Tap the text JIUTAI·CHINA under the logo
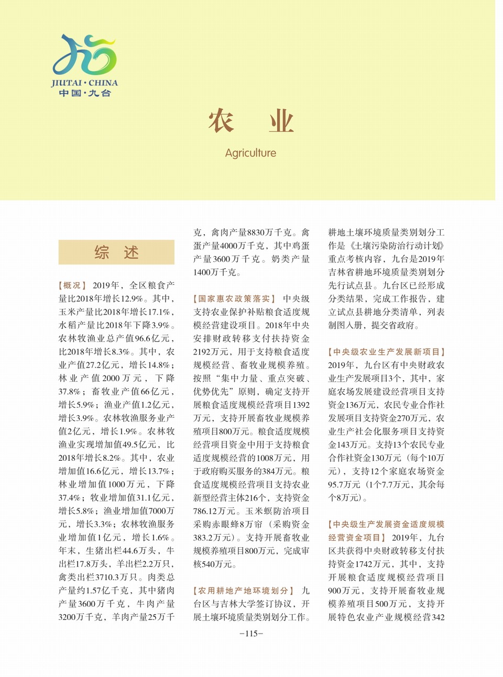click(84, 83)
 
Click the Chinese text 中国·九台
click(84, 93)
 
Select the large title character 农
click(221, 121)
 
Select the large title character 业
click(281, 121)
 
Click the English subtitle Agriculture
click(250, 153)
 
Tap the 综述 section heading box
click(116, 252)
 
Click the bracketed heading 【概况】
click(72, 285)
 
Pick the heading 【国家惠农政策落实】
click(234, 298)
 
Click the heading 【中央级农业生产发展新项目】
click(387, 352)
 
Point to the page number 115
click(251, 634)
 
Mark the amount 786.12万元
click(215, 511)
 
